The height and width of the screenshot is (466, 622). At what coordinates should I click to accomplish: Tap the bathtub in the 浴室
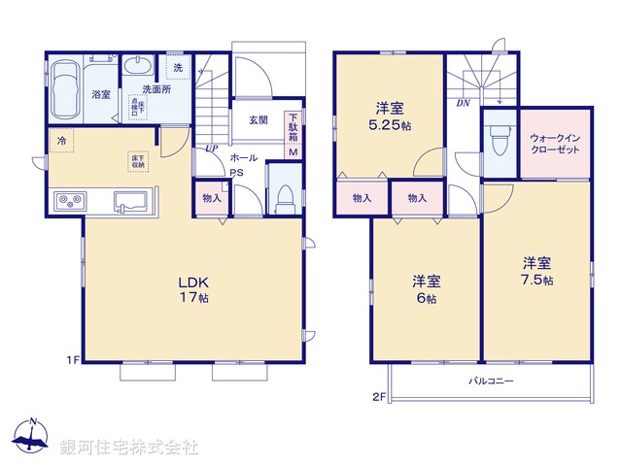66,88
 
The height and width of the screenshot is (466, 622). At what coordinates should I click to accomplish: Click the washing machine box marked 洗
177,68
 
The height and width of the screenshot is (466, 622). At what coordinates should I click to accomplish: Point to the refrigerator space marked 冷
61,142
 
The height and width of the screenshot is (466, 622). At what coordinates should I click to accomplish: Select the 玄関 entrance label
258,120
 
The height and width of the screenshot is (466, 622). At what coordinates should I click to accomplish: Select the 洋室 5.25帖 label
388,116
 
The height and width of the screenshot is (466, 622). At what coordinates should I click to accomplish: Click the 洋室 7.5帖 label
537,271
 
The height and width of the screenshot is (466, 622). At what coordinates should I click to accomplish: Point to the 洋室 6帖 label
427,289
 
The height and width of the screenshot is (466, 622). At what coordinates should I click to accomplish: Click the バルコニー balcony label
490,382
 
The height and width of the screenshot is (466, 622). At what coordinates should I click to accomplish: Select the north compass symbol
31,436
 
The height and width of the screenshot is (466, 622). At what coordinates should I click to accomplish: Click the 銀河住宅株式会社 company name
129,448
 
